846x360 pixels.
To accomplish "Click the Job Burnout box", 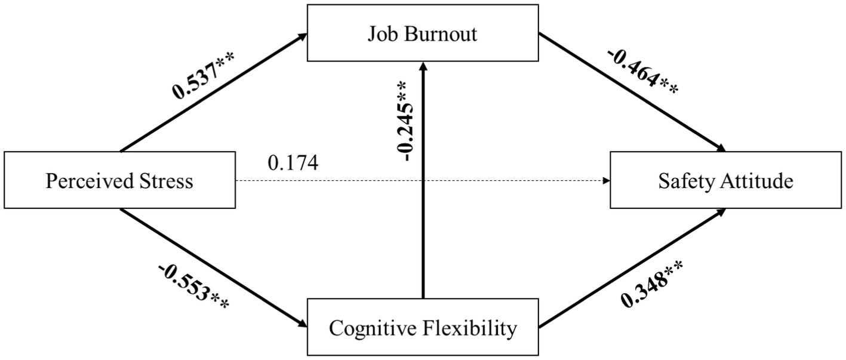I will click(423, 33).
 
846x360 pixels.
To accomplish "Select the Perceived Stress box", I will click(119, 180).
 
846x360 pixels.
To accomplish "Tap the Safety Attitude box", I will click(726, 180).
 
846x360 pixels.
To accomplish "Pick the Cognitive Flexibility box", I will click(423, 328).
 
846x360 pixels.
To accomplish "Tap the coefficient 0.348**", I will click(653, 286).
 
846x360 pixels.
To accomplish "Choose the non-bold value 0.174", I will click(293, 162).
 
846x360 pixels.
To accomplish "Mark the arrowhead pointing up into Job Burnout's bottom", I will click(423, 66).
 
